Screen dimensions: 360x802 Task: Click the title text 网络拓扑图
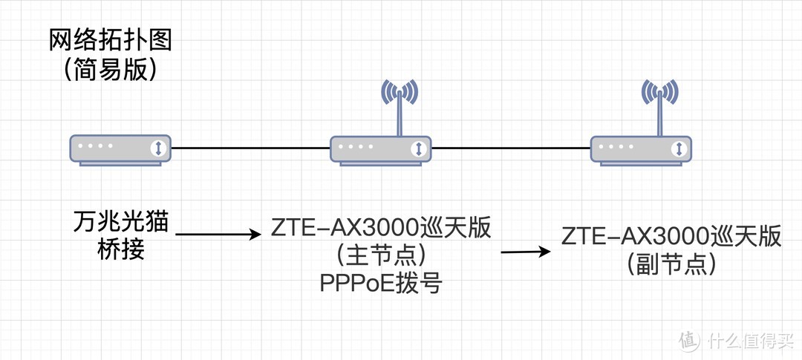(x=110, y=39)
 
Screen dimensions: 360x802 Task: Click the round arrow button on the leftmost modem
(x=158, y=148)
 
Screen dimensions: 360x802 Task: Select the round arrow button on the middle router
(x=419, y=148)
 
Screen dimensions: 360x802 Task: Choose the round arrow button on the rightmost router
(x=679, y=148)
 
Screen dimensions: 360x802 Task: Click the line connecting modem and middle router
(x=250, y=148)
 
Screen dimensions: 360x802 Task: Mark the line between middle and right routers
(x=511, y=148)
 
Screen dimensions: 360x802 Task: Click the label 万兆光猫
(x=121, y=221)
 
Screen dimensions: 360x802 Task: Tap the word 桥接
(x=121, y=249)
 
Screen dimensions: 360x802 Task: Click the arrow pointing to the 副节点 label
(x=526, y=252)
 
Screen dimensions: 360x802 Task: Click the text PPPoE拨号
(x=381, y=283)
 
